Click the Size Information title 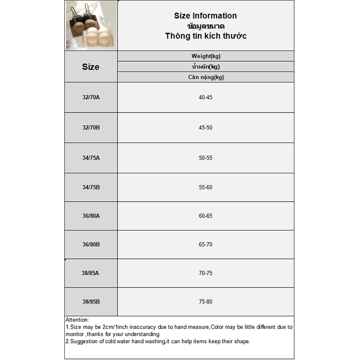[x=205, y=16]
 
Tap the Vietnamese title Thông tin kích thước [x=205, y=36]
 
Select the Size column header [x=90, y=67]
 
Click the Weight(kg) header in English [x=206, y=56]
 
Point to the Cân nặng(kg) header [x=206, y=77]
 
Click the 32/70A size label [x=90, y=97]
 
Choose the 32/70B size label [x=90, y=127]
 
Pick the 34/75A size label [x=90, y=158]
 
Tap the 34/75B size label [x=90, y=187]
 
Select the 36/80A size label [x=90, y=216]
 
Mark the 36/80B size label [x=90, y=244]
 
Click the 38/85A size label [x=90, y=273]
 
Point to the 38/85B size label [x=90, y=301]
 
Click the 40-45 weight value [x=205, y=97]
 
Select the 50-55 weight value [x=205, y=158]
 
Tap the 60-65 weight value [x=205, y=216]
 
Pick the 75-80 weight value [x=205, y=301]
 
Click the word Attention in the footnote [x=77, y=320]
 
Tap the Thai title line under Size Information [x=205, y=26]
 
